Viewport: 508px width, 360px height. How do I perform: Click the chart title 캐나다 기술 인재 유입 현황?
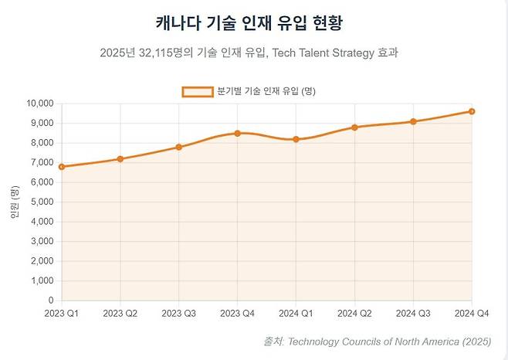coord(253,20)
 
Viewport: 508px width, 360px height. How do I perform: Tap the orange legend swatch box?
coord(198,91)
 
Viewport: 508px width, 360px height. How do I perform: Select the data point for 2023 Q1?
coord(62,166)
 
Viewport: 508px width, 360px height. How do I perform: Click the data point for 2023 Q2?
coord(120,159)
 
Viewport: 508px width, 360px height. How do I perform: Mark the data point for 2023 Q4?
coord(238,133)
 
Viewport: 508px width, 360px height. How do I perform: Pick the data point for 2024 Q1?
coord(296,139)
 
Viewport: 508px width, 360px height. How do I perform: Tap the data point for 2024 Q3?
coord(413,121)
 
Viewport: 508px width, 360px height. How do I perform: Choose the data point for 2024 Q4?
coord(472,111)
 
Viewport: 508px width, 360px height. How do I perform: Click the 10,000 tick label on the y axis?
coord(40,104)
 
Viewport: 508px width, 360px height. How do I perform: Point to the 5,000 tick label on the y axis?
coord(42,202)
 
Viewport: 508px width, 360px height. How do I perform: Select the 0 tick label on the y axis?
coord(51,301)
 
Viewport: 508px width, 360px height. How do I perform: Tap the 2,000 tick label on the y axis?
coord(42,261)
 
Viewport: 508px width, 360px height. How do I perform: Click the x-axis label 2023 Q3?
coord(179,313)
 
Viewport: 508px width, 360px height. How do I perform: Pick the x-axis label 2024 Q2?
coord(354,313)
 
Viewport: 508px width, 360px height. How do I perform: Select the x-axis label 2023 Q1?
coord(62,313)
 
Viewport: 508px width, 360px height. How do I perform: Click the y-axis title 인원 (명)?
coord(14,202)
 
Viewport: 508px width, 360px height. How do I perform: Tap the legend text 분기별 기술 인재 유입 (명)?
coord(266,91)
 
